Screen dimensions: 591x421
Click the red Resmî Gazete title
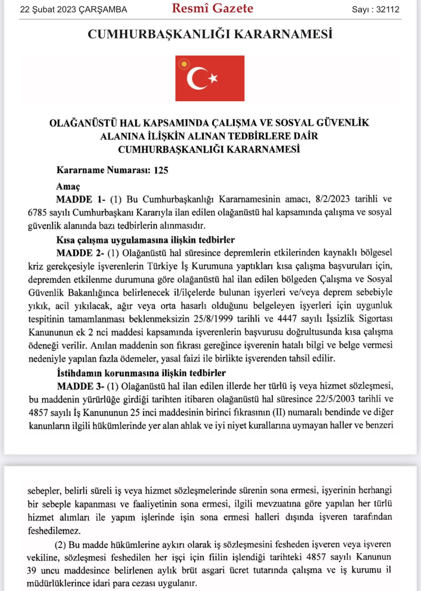[x=212, y=8]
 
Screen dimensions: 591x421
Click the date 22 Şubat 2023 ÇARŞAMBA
[x=74, y=10]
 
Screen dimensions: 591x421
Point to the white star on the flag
[x=213, y=78]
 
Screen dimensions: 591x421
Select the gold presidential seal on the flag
[x=184, y=64]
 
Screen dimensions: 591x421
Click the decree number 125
[x=161, y=170]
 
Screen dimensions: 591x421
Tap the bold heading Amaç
[x=68, y=186]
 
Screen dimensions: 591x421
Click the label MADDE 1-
[x=81, y=199]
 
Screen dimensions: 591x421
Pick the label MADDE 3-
[x=80, y=387]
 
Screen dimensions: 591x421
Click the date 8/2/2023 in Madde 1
[x=332, y=199]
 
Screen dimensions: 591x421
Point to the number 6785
[x=37, y=213]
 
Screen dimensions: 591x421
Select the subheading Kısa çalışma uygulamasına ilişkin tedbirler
[x=145, y=240]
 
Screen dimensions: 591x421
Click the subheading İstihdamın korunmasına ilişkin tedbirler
[x=141, y=373]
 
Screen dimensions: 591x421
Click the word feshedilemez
[x=54, y=531]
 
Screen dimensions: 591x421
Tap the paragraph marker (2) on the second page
[x=60, y=545]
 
